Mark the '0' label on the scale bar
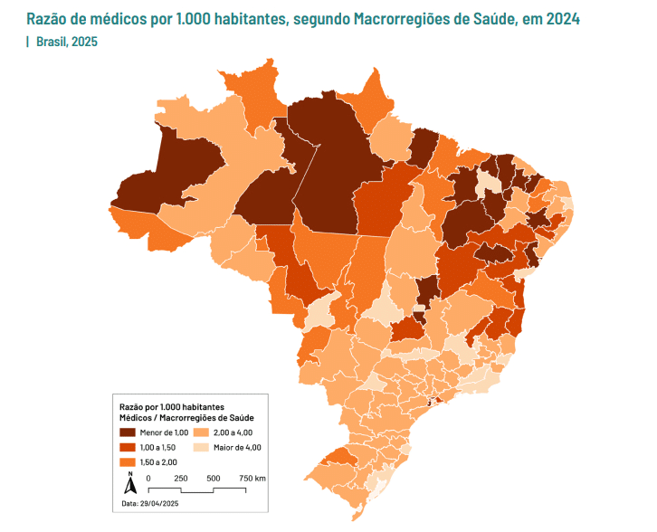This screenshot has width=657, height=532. pos(148,478)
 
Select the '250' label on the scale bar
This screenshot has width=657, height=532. pos(180,478)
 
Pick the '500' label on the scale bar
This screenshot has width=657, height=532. pos(213,478)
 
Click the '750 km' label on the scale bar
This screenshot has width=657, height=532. pos(252,478)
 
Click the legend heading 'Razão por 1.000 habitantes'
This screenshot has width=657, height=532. pos(173,407)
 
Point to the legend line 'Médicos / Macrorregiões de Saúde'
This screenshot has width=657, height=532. pos(186,418)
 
